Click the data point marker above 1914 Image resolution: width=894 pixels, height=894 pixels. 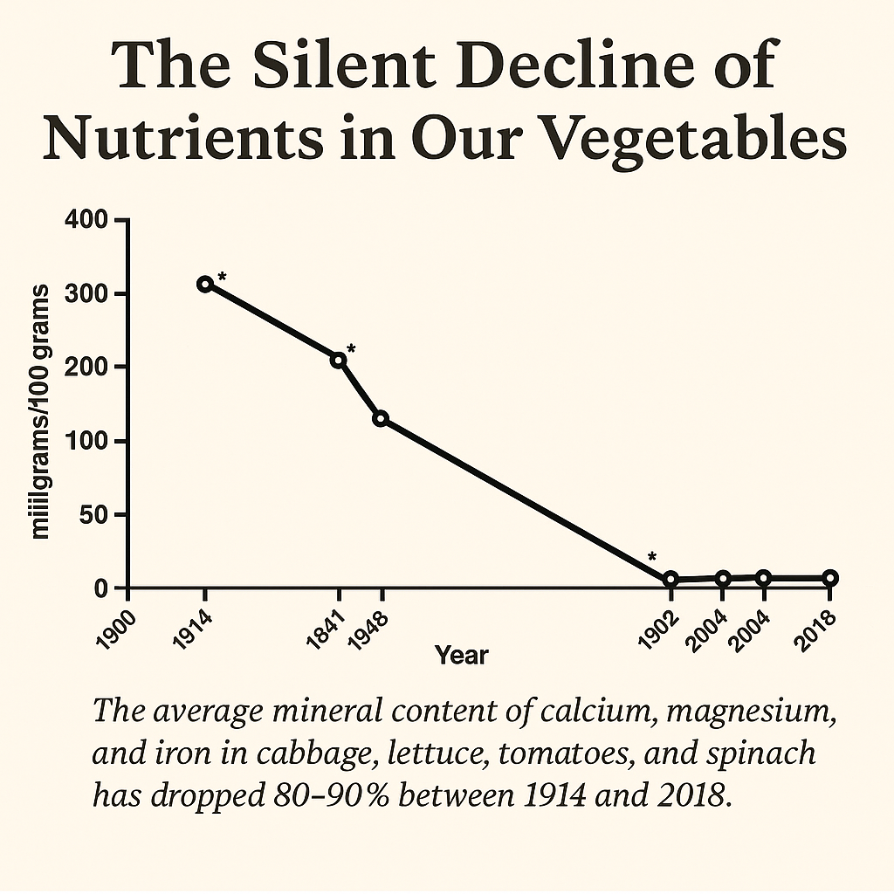point(205,284)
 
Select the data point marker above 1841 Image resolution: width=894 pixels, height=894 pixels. point(339,360)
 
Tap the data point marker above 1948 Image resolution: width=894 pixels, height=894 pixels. point(381,418)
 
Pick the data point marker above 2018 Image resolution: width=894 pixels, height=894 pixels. point(830,578)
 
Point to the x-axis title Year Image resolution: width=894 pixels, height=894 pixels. point(461,655)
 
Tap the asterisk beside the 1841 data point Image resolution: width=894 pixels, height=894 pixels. point(352,348)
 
